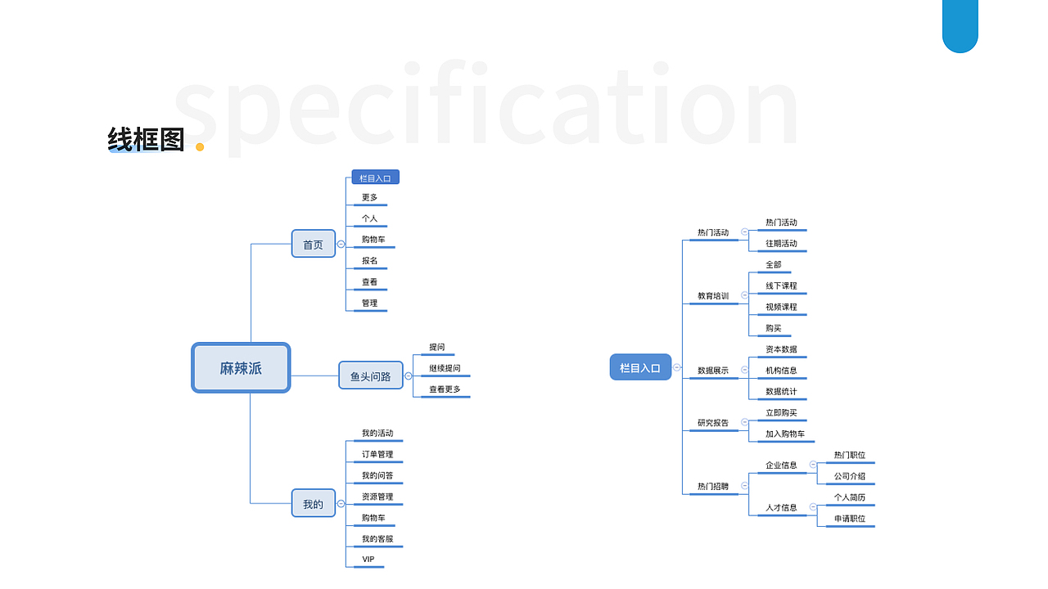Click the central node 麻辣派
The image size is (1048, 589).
coord(241,368)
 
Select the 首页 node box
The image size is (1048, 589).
coord(314,244)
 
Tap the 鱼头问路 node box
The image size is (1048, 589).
coord(371,376)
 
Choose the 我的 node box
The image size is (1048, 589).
coord(314,504)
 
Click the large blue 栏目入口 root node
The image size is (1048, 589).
coord(640,367)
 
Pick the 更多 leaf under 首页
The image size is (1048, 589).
coord(370,198)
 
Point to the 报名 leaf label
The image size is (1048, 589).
coord(370,261)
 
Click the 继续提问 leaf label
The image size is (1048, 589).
coord(445,368)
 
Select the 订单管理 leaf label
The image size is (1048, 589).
coord(377,454)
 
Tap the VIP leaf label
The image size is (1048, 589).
coord(368,560)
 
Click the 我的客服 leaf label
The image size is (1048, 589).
coord(377,539)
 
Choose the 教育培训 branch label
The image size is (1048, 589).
coord(713,296)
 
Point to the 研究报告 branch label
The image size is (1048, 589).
coord(713,423)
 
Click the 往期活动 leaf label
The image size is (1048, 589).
coord(781,244)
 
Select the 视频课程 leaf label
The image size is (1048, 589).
coord(781,307)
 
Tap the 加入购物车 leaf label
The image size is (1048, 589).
coord(785,434)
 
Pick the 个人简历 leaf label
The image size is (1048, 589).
coord(850,497)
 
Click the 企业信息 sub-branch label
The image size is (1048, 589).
coord(781,465)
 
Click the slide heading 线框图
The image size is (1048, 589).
coord(146,140)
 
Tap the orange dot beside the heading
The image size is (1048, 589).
coord(200,147)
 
